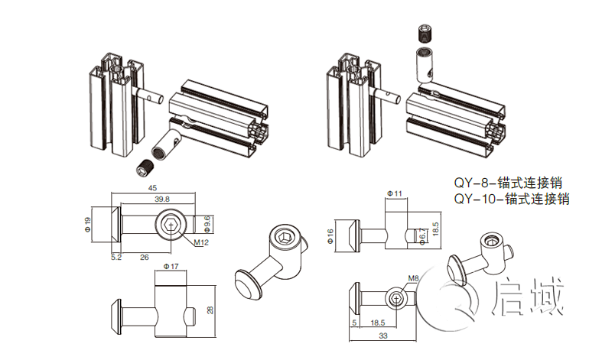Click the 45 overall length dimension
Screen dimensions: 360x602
point(152,188)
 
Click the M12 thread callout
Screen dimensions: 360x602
point(200,243)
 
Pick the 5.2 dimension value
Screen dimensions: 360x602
point(116,258)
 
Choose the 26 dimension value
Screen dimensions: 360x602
point(145,258)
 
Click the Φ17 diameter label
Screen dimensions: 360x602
point(171,267)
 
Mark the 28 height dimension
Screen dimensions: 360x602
point(212,310)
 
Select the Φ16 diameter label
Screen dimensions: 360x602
point(330,235)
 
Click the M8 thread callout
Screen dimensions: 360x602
point(413,278)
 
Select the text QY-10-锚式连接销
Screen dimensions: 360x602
point(511,199)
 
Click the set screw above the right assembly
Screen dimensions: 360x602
point(423,34)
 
